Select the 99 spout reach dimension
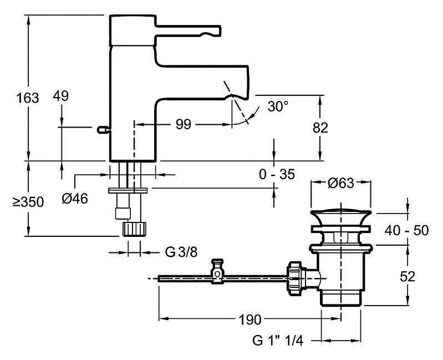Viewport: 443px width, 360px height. pyautogui.click(x=183, y=124)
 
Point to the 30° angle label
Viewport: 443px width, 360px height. pyautogui.click(x=277, y=106)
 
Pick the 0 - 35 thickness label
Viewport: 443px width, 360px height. pyautogui.click(x=276, y=175)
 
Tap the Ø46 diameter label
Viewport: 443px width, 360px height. pyautogui.click(x=75, y=199)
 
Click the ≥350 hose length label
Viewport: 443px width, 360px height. pyautogui.click(x=28, y=202)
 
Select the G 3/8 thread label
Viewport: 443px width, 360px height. pyautogui.click(x=181, y=252)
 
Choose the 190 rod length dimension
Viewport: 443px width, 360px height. pyautogui.click(x=250, y=320)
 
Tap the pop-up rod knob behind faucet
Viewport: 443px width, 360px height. pyautogui.click(x=101, y=130)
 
